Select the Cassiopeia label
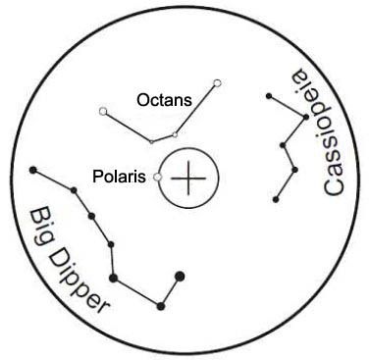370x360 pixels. click(323, 132)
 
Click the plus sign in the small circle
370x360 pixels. click(189, 178)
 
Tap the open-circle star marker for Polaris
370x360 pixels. click(156, 177)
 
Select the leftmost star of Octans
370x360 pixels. click(103, 111)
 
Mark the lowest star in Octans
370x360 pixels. click(151, 141)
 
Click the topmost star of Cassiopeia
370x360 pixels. click(267, 95)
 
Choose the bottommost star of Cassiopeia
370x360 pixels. click(277, 200)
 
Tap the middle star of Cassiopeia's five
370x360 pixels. click(283, 146)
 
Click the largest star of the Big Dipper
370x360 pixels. click(179, 276)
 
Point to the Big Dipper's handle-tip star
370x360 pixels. click(34, 172)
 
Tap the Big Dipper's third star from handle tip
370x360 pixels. click(90, 215)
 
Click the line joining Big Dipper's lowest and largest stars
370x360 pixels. click(170, 290)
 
